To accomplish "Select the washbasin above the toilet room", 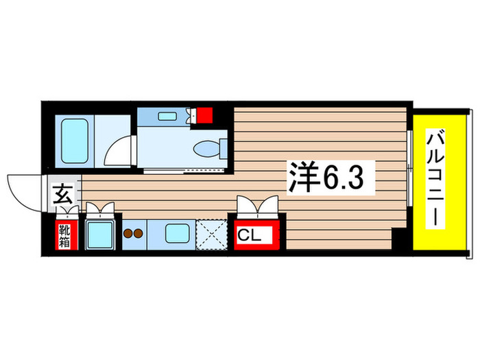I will click(x=167, y=117).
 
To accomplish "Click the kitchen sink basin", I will click(x=180, y=235).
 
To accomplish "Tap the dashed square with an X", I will click(x=213, y=235).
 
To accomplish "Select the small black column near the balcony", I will click(x=398, y=240).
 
